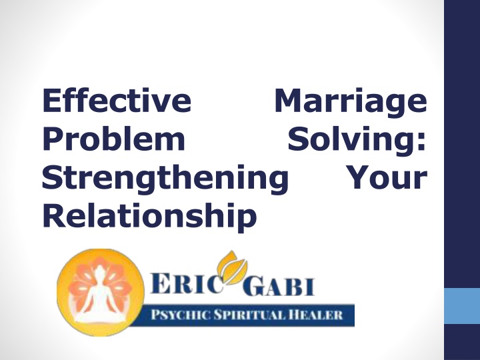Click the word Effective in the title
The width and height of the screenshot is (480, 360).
[x=117, y=100]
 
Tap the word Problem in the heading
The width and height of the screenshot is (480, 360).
[x=113, y=139]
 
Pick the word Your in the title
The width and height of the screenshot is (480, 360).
[x=388, y=177]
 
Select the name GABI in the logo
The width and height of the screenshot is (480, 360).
[x=279, y=286]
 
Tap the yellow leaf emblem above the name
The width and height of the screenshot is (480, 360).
[x=233, y=266]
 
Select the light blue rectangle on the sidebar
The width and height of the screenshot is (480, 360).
[x=462, y=305]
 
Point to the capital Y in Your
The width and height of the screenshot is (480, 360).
[x=361, y=177]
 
